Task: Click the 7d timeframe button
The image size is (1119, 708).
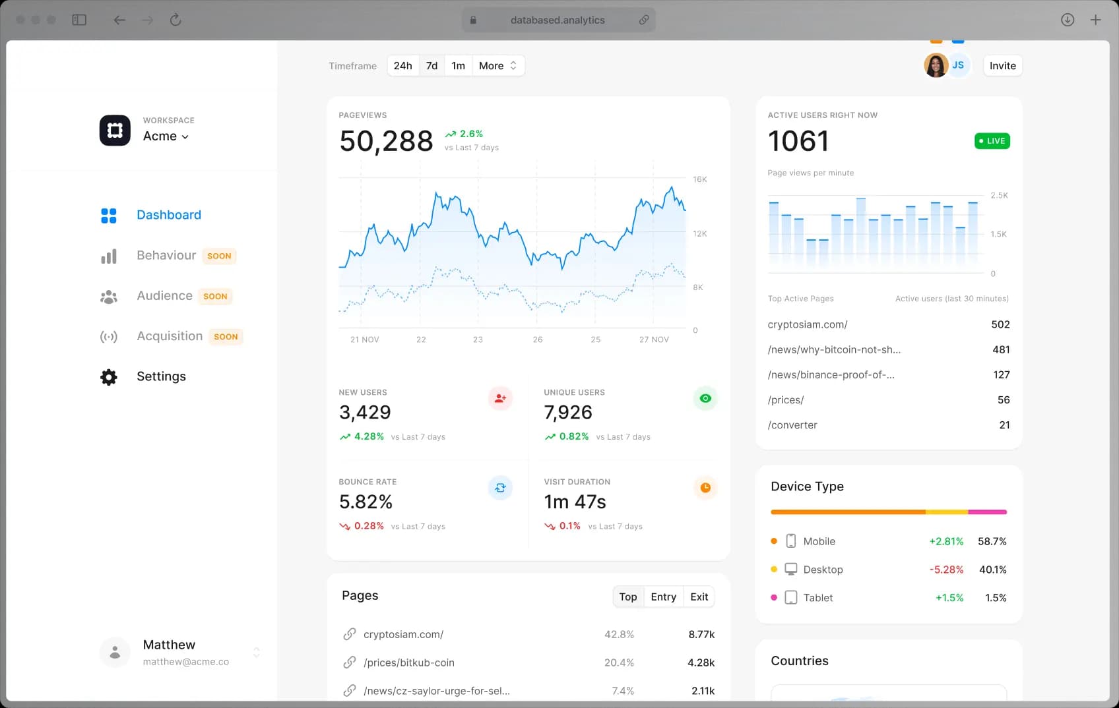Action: tap(432, 66)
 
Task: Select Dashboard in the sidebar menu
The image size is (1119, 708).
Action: tap(168, 215)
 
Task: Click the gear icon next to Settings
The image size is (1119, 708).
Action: tap(109, 377)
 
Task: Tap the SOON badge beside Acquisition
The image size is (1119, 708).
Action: tap(226, 337)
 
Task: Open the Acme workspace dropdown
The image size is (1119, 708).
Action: tap(166, 136)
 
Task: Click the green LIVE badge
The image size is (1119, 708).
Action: tap(992, 141)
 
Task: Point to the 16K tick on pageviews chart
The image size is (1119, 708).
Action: tap(699, 179)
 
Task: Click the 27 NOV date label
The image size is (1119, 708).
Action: tap(653, 339)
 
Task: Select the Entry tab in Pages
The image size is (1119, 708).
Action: tap(663, 597)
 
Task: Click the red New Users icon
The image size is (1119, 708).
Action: tap(500, 398)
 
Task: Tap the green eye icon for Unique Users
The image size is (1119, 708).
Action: tap(705, 398)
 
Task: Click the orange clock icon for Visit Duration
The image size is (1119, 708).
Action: tap(705, 488)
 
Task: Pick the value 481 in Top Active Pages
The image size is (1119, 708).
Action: tap(1000, 350)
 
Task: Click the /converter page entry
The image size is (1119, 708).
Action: tap(792, 425)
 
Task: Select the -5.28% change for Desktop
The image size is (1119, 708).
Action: tap(946, 570)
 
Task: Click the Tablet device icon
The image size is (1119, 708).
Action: tap(790, 598)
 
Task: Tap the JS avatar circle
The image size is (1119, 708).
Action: tap(959, 65)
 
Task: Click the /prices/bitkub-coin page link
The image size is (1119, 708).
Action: tap(408, 663)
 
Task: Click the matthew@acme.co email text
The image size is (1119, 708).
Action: tap(186, 662)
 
